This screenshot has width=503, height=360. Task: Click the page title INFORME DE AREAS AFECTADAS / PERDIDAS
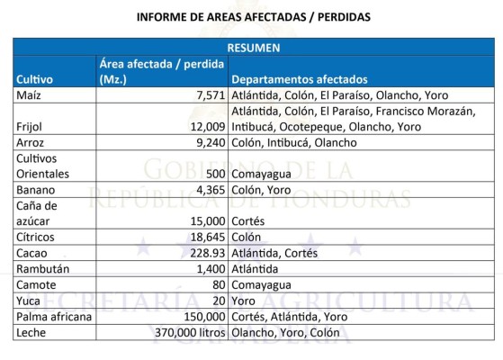252,16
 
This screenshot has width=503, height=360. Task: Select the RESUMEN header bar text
252,48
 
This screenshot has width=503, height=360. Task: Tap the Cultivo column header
36,79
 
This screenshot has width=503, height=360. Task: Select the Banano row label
35,190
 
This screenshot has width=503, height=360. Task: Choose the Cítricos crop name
35,238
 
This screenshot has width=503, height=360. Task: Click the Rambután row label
40,269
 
